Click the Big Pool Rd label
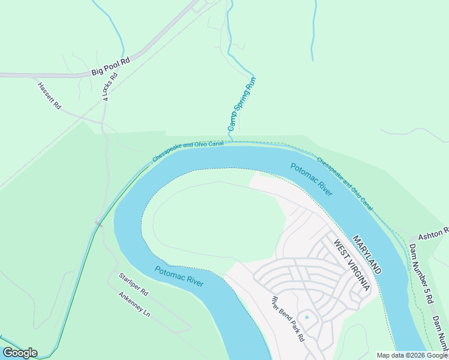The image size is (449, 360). pyautogui.click(x=110, y=66)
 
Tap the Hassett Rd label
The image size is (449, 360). pyautogui.click(x=49, y=95)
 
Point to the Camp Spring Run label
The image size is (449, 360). pyautogui.click(x=242, y=104)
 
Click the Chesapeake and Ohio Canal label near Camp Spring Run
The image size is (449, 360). pyautogui.click(x=188, y=152)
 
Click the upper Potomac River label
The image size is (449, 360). pyautogui.click(x=311, y=179)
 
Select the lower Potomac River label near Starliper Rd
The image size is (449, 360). pyautogui.click(x=179, y=277)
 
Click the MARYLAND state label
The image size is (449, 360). pyautogui.click(x=367, y=254)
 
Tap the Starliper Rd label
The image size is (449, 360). pyautogui.click(x=133, y=284)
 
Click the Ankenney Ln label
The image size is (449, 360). pyautogui.click(x=134, y=304)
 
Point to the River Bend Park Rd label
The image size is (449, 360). pyautogui.click(x=288, y=319)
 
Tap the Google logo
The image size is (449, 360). pyautogui.click(x=20, y=353)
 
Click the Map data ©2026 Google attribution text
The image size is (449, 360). pyautogui.click(x=412, y=355)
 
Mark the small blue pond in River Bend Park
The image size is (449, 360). pyautogui.click(x=307, y=316)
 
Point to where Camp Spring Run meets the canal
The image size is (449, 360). pyautogui.click(x=231, y=142)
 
